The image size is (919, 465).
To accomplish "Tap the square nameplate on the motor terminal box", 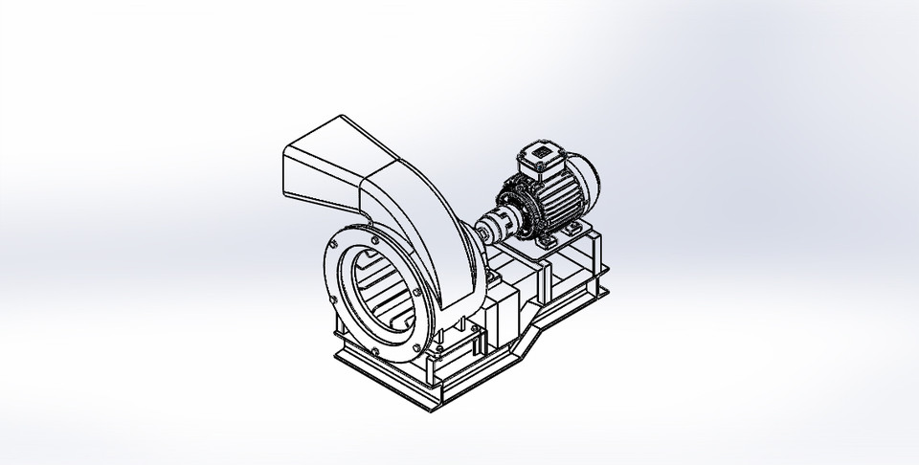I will (x=541, y=150).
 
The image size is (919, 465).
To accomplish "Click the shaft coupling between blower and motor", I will (x=495, y=228).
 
